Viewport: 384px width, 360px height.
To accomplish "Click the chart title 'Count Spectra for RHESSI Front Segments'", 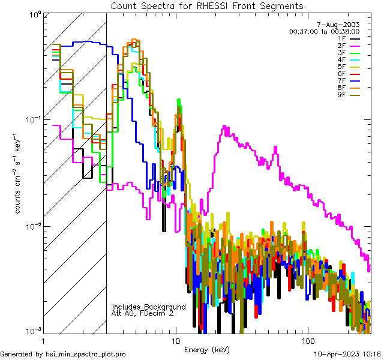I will pos(207,6).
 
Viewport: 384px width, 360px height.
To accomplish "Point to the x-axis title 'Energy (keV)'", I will pos(207,350).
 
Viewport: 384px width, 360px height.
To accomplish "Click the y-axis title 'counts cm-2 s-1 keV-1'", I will pos(19,174).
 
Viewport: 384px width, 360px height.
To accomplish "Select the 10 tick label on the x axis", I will pos(176,340).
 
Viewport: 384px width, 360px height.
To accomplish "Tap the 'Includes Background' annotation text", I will pos(148,307).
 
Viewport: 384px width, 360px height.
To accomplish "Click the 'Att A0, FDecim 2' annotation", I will pos(143,314).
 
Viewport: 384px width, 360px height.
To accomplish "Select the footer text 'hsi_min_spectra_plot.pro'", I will pos(85,355).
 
